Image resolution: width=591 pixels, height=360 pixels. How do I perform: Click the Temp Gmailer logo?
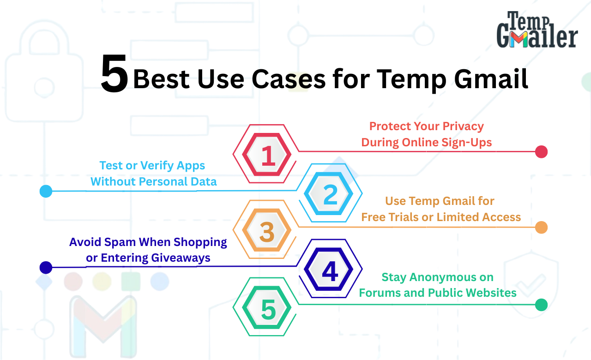coord(537,30)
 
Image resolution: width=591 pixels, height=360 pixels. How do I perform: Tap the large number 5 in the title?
coord(115,74)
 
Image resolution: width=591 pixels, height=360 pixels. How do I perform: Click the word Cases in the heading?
coord(289,79)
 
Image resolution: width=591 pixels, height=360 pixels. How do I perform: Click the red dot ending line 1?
coord(541,152)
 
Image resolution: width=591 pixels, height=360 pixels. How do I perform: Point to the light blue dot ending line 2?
coord(46,191)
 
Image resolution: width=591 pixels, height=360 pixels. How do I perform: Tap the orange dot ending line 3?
coord(541,227)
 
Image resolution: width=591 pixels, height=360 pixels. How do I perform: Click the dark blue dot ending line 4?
coord(46,267)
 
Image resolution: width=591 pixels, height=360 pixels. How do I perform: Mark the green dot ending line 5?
coord(541,305)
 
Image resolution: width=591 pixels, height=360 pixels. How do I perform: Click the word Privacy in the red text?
coord(463,126)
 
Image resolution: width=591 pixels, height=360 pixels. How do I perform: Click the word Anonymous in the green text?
coord(452,277)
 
